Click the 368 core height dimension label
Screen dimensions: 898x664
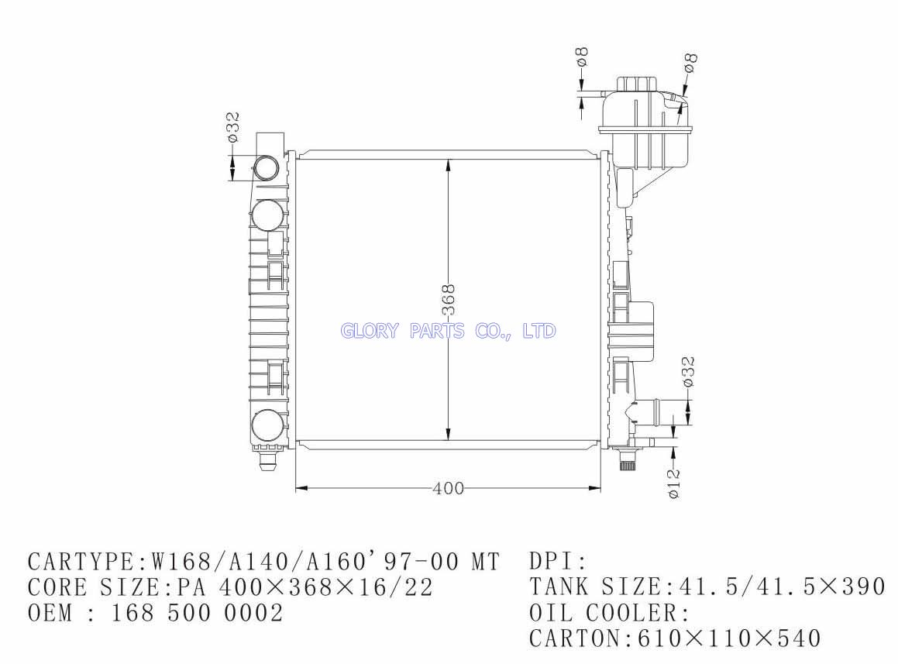coord(449,299)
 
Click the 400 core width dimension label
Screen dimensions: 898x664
coord(449,489)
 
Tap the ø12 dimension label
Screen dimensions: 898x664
coord(674,483)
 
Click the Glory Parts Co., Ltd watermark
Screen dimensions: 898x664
coord(448,331)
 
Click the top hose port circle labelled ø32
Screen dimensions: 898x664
coord(267,167)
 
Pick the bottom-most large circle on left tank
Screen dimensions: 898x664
coord(267,425)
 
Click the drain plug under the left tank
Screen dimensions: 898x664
coord(267,459)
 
